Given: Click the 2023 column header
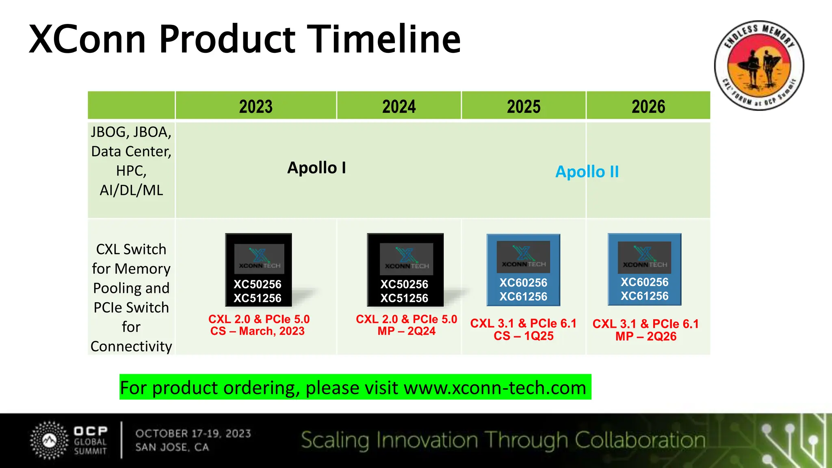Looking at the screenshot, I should click(x=256, y=106).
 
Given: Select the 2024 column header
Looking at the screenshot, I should click(x=399, y=106).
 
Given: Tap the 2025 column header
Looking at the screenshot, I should click(x=523, y=106).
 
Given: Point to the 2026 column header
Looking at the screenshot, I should click(x=648, y=106).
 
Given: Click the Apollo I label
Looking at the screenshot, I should click(x=316, y=168).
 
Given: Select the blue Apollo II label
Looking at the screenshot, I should click(x=587, y=172).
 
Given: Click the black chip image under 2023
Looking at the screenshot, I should click(x=258, y=270).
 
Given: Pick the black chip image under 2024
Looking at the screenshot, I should click(x=405, y=270).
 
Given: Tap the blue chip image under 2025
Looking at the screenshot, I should click(x=523, y=270).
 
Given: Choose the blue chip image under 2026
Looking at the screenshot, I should click(x=644, y=269).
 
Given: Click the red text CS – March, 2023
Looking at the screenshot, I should click(x=257, y=331).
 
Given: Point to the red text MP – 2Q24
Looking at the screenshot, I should click(x=406, y=331).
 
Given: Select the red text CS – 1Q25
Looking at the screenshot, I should click(x=523, y=336).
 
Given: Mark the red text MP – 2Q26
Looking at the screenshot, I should click(x=646, y=337).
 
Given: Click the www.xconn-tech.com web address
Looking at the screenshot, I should click(x=495, y=388).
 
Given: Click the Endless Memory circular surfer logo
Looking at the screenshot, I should click(x=759, y=65).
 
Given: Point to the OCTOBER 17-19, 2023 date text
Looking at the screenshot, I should click(x=193, y=433).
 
